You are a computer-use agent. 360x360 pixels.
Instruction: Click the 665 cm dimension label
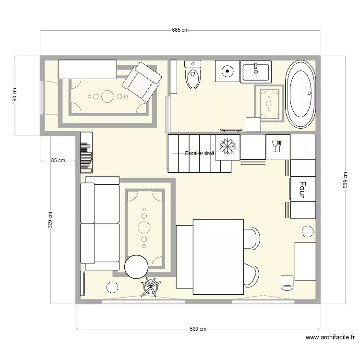click(180, 30)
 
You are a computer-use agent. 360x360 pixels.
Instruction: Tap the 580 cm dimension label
click(197, 329)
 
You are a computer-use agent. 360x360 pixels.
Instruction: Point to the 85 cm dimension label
click(58, 161)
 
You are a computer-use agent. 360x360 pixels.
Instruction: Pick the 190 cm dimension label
click(15, 96)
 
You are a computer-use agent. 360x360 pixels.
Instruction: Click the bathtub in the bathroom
click(301, 94)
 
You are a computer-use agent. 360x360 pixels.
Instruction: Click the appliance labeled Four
click(302, 189)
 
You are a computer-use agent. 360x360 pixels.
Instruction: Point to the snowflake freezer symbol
click(227, 147)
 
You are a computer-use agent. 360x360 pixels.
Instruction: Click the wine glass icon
click(276, 146)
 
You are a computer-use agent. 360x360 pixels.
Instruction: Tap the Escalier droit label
click(200, 154)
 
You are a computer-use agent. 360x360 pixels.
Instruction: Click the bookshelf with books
click(86, 152)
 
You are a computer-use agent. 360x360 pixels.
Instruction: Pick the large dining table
click(218, 256)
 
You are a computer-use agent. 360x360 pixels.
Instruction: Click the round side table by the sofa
click(136, 267)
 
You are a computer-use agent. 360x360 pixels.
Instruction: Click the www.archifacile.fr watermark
click(330, 338)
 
